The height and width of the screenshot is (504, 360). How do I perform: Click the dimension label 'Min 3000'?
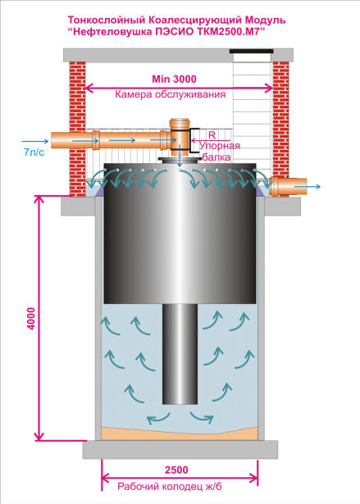pos(174,79)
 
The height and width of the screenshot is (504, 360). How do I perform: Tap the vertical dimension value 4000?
pos(31,318)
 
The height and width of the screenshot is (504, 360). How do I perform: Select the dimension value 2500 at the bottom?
pos(176,470)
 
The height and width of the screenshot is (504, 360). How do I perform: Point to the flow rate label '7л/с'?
pos(34,152)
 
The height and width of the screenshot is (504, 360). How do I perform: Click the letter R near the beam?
pos(212,134)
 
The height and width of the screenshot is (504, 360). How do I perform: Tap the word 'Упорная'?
pos(220,146)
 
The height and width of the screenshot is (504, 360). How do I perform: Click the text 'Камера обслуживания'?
pos(171,94)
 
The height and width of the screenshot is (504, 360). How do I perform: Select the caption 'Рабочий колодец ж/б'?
pos(169,487)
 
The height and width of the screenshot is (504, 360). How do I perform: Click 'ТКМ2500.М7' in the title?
pos(226,32)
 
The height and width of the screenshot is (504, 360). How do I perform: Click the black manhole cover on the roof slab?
pos(251,51)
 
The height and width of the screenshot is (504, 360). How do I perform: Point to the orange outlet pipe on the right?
pos(288,186)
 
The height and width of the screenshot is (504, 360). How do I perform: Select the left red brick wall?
pos(78,128)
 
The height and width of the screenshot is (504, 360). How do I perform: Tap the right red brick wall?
pos(280,120)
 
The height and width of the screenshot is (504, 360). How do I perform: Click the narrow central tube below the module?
pos(180,353)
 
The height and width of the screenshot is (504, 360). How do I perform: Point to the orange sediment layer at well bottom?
pos(180,434)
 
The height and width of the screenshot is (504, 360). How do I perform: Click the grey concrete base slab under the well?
pos(180,449)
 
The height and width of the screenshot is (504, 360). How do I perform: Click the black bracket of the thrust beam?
pos(194,140)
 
